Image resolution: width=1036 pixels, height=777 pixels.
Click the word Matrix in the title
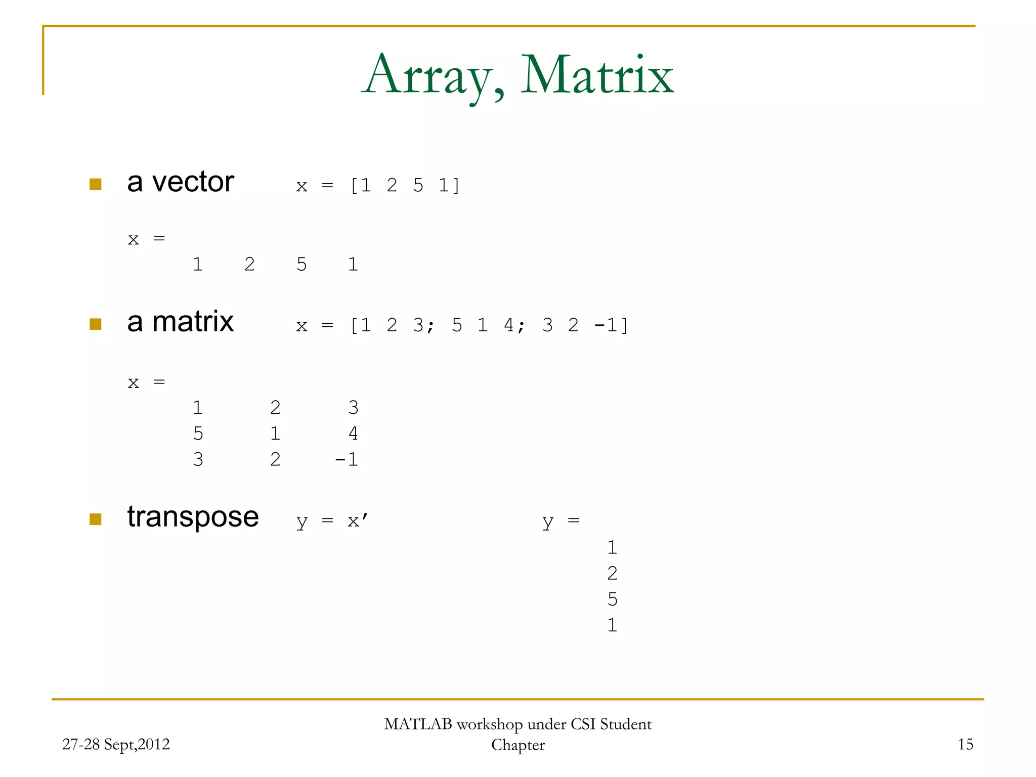(597, 76)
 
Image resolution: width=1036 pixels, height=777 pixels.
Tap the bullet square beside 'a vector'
(96, 184)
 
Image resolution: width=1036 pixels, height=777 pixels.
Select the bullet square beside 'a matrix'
(96, 324)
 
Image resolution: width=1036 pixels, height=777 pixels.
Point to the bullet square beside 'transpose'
(96, 519)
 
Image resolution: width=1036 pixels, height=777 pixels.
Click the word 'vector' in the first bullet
(193, 182)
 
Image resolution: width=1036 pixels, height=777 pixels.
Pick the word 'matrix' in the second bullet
(193, 322)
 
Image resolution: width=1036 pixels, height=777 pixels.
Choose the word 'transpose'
(193, 517)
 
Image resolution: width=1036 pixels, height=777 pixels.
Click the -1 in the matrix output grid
(347, 459)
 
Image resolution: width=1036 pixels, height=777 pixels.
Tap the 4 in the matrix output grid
(353, 434)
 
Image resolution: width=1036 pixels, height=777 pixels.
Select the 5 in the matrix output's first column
(198, 434)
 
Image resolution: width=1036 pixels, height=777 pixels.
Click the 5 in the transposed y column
(612, 599)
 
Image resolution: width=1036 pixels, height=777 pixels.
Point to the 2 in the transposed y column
(612, 574)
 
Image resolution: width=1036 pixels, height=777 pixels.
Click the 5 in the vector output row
(301, 265)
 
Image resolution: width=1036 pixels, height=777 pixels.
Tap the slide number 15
(965, 744)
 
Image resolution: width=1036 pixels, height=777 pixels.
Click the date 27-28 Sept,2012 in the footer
(116, 744)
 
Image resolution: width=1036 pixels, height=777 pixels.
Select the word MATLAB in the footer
(418, 724)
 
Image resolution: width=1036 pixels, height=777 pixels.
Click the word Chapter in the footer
(518, 745)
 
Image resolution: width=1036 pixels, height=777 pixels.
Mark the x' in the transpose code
(358, 521)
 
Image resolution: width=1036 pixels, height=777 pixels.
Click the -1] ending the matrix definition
(611, 325)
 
